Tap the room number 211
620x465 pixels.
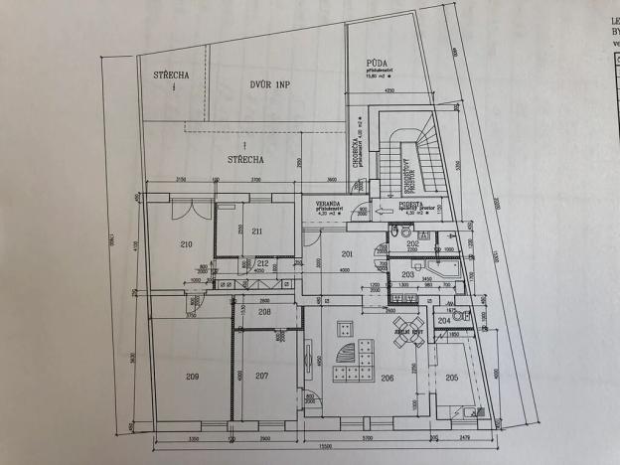click(255, 232)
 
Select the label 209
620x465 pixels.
click(192, 376)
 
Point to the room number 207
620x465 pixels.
click(262, 376)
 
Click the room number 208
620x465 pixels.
click(264, 311)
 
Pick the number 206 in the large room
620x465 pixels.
click(387, 378)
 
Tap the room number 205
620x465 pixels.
click(452, 376)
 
